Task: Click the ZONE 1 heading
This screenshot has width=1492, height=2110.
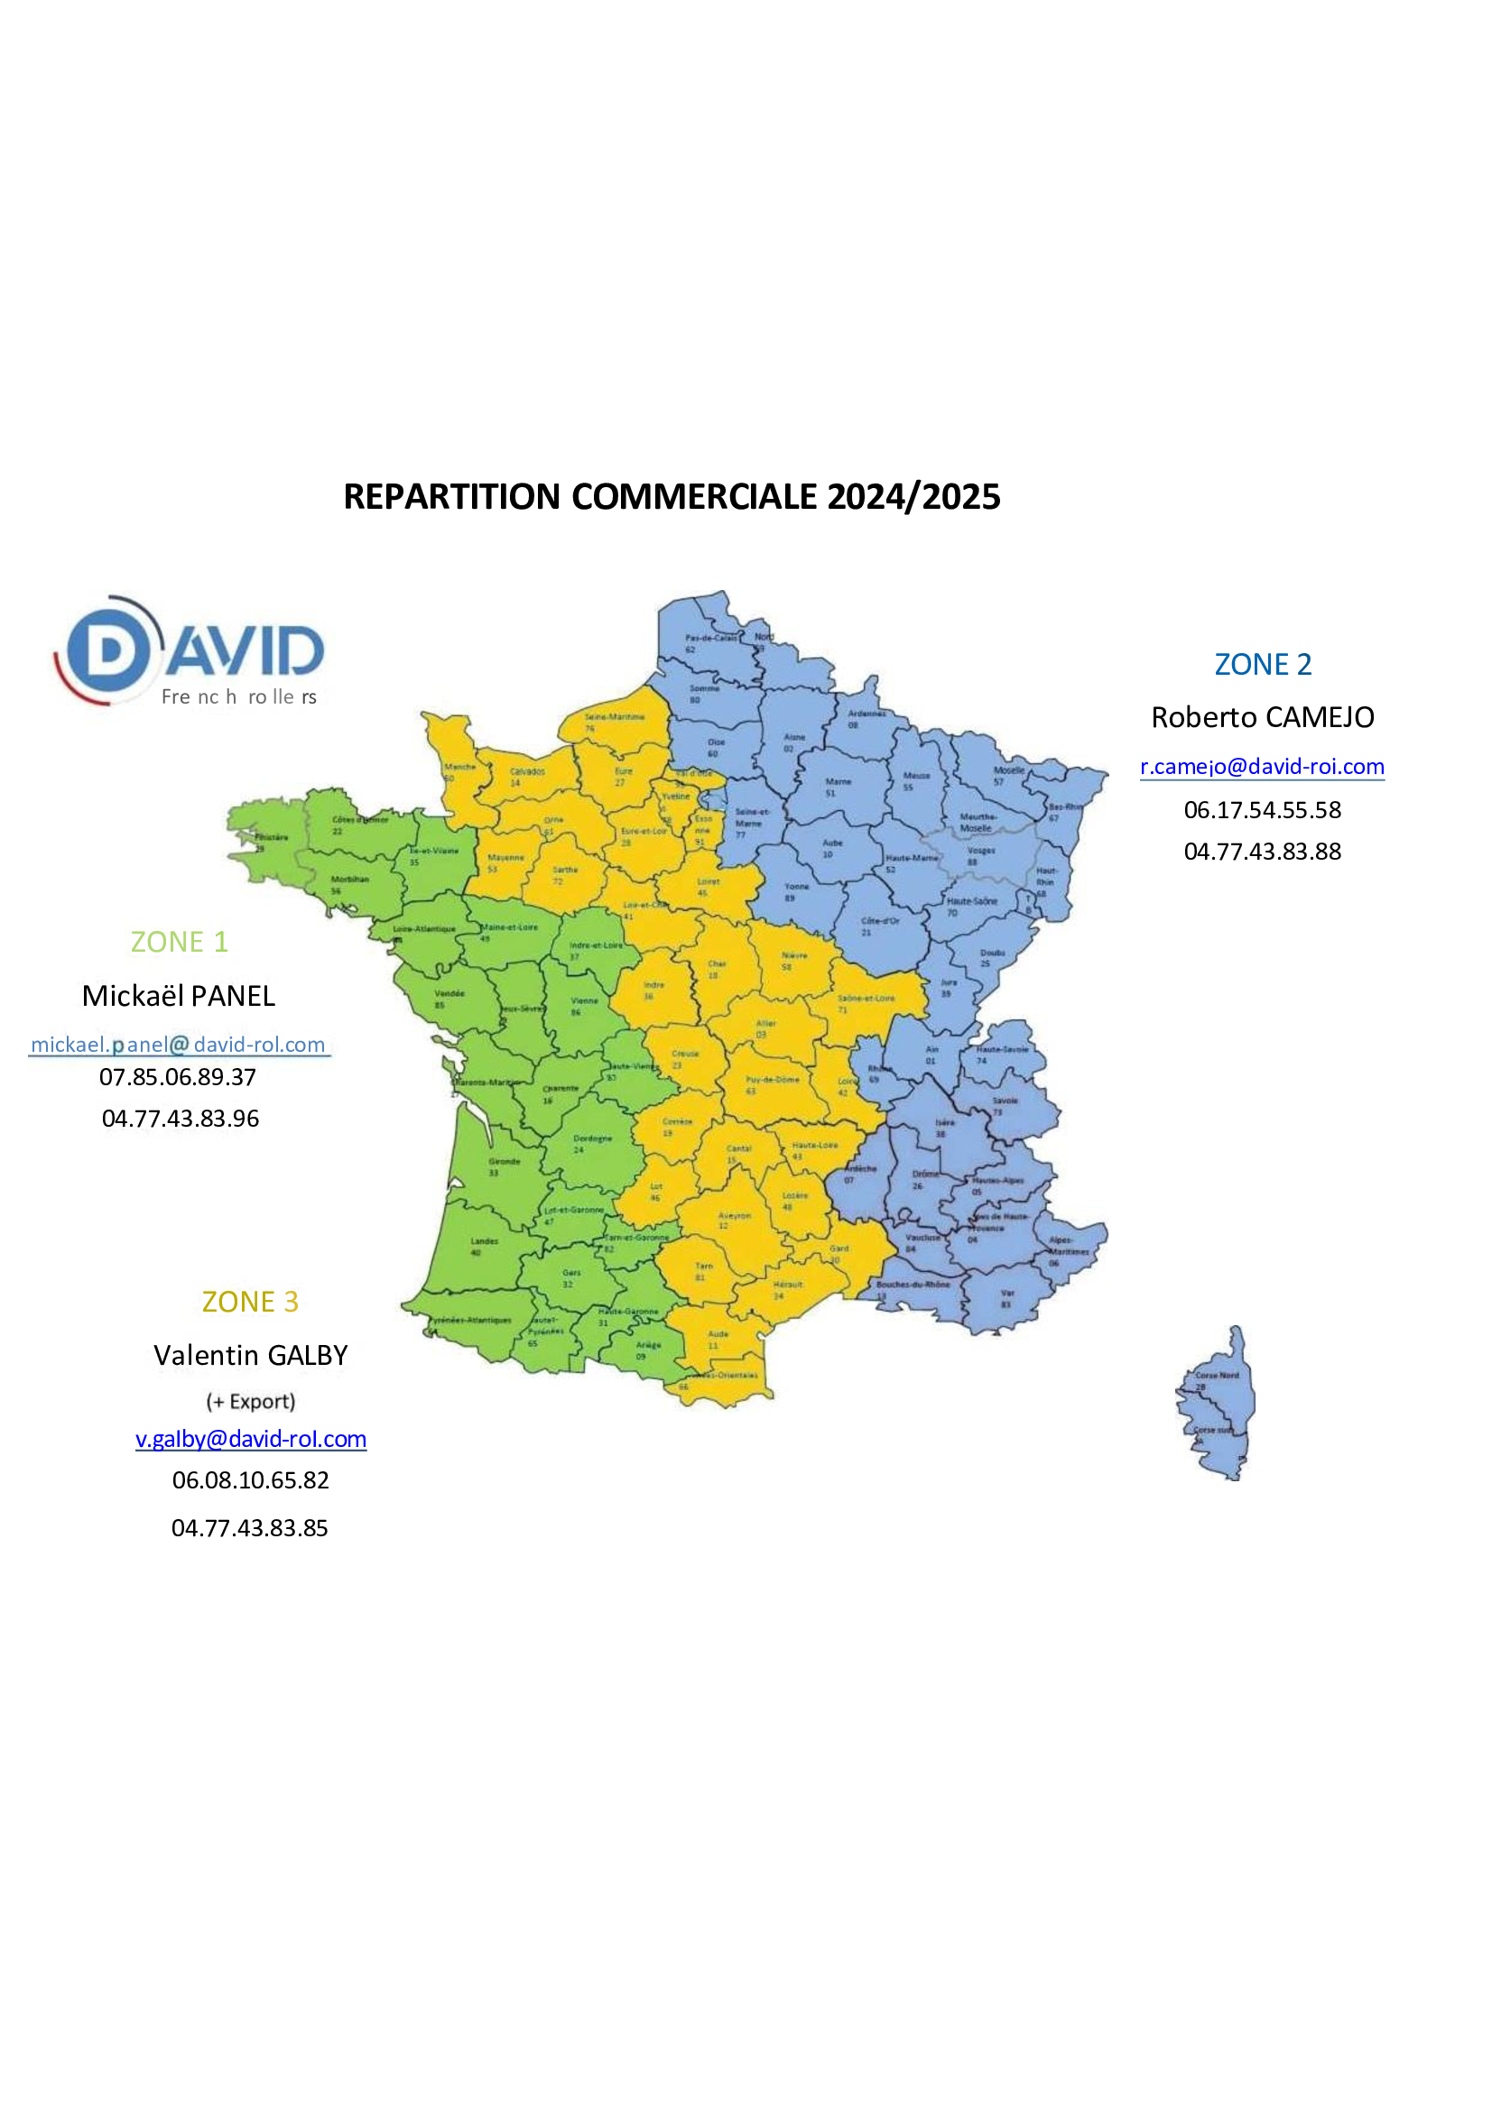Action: [180, 942]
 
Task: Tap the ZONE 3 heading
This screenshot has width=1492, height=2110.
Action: [250, 1303]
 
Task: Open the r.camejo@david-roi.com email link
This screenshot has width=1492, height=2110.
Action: [1261, 767]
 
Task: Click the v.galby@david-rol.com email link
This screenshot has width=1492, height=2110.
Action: [251, 1439]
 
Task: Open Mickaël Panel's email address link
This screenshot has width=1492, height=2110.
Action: [179, 1045]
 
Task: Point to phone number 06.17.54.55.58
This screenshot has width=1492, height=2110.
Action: [1262, 809]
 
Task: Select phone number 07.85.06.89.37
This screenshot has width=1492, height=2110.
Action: [178, 1077]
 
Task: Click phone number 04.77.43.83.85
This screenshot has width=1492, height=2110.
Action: [249, 1528]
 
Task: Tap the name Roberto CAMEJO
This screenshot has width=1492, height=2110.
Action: [1262, 718]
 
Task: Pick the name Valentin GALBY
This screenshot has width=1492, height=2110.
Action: [250, 1356]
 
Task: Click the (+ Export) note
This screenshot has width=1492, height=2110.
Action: [250, 1402]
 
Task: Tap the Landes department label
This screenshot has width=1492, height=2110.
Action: [485, 1240]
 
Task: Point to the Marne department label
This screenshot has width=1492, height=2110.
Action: [838, 782]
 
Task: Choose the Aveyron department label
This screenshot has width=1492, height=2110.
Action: [734, 1216]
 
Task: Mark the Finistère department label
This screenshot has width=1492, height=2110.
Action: [271, 837]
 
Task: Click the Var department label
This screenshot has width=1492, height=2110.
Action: [1007, 1294]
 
